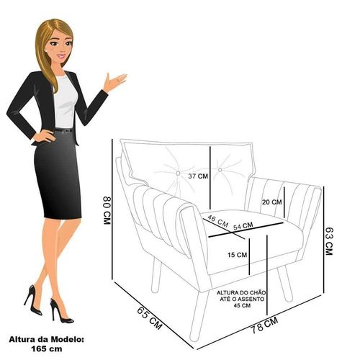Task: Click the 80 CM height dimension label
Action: (x=107, y=210)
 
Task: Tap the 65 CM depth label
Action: (x=150, y=318)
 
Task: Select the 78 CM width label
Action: (x=264, y=325)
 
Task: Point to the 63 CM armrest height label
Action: (x=328, y=241)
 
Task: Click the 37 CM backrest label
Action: (x=198, y=176)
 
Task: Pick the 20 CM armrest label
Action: (x=271, y=202)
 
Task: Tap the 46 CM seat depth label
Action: (x=217, y=221)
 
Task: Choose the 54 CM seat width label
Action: (x=243, y=226)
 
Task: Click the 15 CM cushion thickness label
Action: (x=237, y=255)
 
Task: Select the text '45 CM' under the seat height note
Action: (x=242, y=305)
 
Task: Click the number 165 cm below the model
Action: (x=47, y=348)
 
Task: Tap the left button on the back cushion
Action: (x=178, y=173)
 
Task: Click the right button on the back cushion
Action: (x=220, y=170)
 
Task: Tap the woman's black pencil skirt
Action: (x=58, y=175)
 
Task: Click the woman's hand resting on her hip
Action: (x=44, y=136)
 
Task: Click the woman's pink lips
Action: (x=61, y=57)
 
